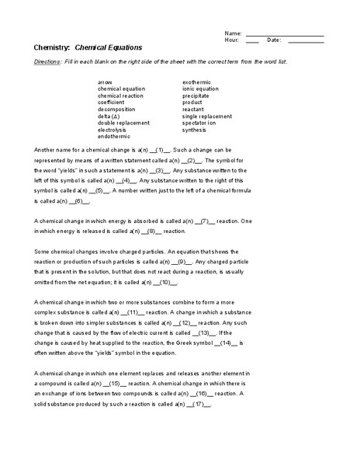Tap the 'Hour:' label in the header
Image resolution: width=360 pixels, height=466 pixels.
tap(232, 40)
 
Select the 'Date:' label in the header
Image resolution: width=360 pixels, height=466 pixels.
tap(273, 40)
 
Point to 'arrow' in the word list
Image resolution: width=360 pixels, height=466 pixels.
tap(105, 82)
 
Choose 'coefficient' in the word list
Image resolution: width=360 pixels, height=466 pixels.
tap(111, 102)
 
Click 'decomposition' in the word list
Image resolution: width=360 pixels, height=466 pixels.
tap(115, 109)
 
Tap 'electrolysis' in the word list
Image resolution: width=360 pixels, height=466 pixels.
tap(112, 129)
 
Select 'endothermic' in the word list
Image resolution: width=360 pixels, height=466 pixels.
tap(113, 136)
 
